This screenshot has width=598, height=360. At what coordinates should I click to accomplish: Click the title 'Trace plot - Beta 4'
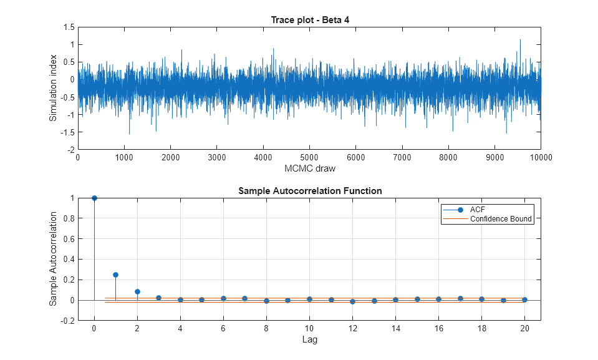click(x=309, y=20)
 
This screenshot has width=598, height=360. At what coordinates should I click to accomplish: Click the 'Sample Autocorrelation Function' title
click(x=310, y=191)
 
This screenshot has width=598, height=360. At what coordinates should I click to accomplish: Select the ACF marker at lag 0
click(x=94, y=198)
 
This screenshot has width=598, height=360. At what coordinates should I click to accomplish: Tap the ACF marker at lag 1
click(x=115, y=275)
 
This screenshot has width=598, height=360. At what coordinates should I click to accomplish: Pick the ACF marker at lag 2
click(x=137, y=291)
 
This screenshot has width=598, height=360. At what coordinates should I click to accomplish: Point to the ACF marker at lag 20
click(x=524, y=299)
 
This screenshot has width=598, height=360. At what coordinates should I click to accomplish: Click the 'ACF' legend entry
click(x=478, y=209)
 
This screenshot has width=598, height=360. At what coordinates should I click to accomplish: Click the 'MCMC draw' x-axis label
click(x=309, y=168)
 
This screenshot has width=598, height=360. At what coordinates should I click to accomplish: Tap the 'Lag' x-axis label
click(x=309, y=339)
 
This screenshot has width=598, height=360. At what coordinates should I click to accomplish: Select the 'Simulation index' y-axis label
click(x=54, y=89)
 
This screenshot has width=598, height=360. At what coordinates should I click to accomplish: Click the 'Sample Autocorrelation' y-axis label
click(x=54, y=259)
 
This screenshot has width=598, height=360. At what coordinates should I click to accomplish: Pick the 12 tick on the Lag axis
click(x=352, y=328)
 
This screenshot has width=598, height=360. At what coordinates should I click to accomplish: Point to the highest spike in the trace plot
click(x=520, y=40)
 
